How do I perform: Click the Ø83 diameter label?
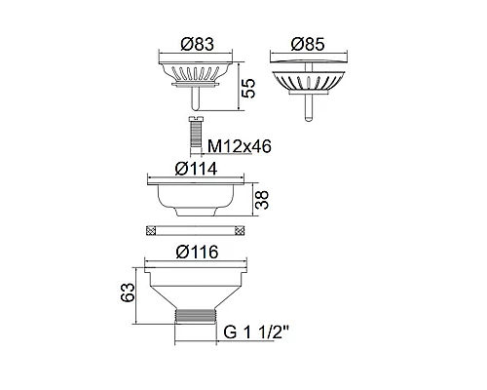tap(198, 44)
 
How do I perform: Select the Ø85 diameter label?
tap(308, 44)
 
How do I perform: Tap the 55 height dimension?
tap(249, 88)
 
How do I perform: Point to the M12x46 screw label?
tap(240, 146)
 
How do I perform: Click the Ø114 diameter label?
tap(196, 169)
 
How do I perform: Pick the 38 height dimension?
tap(262, 200)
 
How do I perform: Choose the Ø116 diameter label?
tap(197, 253)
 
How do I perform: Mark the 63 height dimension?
tap(128, 292)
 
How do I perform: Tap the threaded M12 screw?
tap(195, 134)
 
